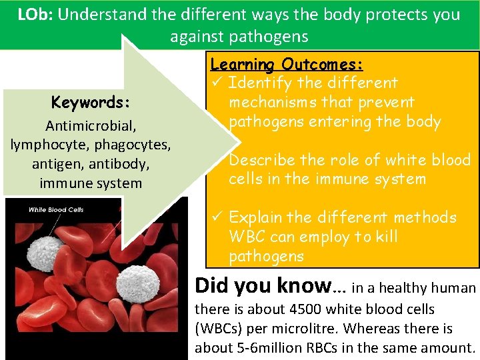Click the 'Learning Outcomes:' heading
287,65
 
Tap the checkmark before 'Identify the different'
216,83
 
